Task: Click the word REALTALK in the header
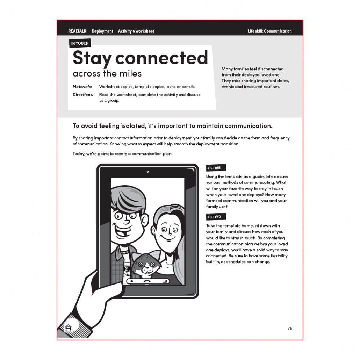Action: click(x=77, y=31)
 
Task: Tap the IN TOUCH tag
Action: click(x=80, y=43)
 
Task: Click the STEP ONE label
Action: click(x=214, y=168)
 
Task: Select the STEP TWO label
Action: click(x=214, y=217)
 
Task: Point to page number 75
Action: click(x=290, y=328)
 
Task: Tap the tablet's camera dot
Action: click(x=148, y=172)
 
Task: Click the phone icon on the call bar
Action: click(x=147, y=281)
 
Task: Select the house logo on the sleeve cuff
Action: click(x=69, y=328)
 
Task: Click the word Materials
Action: click(x=82, y=86)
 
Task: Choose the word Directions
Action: click(x=83, y=95)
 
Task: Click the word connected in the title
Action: click(x=161, y=58)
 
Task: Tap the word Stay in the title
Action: click(x=92, y=58)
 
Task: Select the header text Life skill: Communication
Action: click(x=269, y=31)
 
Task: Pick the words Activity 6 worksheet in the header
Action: click(x=136, y=31)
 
